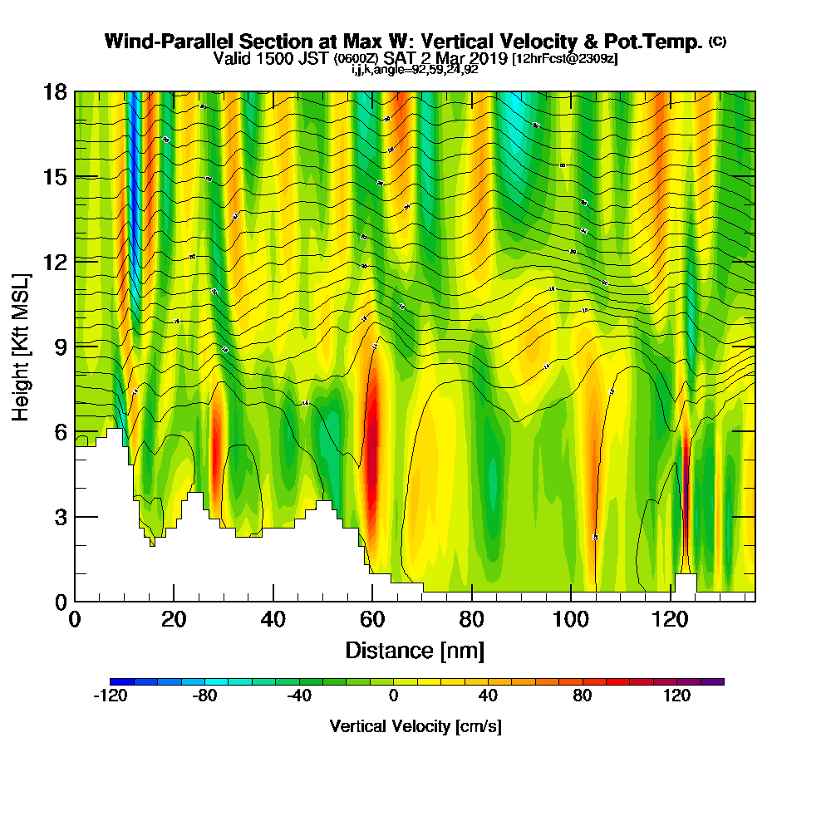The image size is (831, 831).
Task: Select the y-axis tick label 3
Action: tap(60, 515)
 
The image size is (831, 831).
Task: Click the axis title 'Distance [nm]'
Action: tap(415, 649)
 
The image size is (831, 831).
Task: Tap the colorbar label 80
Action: tap(582, 696)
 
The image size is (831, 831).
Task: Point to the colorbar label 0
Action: tap(393, 696)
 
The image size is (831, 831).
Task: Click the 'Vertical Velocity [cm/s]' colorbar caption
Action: tap(415, 726)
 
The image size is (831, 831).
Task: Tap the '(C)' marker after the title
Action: tap(717, 41)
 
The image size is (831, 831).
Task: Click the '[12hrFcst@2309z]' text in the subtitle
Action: tap(565, 59)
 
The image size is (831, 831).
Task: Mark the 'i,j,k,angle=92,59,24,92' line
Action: tap(415, 70)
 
